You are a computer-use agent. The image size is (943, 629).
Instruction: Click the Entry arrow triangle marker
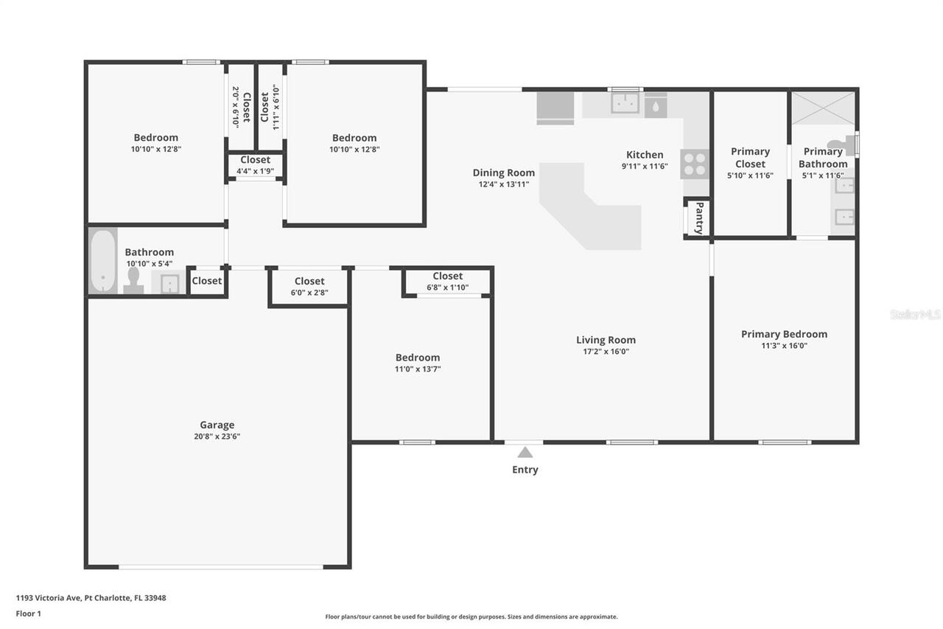525,453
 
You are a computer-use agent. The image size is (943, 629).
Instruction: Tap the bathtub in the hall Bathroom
103,260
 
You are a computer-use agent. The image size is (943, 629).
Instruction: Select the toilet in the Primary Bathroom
838,146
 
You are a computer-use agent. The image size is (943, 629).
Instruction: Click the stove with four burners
694,164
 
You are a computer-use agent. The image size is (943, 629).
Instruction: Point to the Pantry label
699,218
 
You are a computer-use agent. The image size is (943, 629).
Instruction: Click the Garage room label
217,425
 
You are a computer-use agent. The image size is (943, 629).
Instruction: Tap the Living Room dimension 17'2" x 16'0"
606,352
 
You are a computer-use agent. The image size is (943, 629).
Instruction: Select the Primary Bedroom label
784,334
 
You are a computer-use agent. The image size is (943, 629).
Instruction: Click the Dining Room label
504,173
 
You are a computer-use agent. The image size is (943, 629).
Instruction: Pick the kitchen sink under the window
625,104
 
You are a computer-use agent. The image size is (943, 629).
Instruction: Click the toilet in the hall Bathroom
133,279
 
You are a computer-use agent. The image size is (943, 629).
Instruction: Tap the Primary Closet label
750,157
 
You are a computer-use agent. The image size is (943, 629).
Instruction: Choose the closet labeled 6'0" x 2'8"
309,286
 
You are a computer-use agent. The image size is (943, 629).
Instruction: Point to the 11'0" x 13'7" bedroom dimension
418,369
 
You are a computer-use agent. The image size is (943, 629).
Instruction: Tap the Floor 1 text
29,614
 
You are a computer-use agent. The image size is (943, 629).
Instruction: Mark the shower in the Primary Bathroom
823,108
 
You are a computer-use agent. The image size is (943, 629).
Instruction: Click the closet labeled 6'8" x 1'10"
447,282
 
